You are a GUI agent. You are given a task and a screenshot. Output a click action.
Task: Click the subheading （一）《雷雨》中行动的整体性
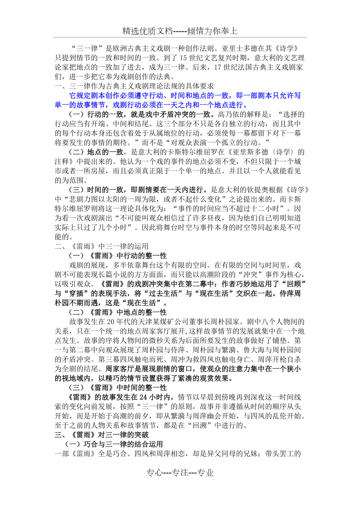[x=117, y=256]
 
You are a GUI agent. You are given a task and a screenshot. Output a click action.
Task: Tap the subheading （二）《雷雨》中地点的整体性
[x=117, y=312]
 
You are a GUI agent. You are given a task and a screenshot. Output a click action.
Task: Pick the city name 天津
[x=151, y=322]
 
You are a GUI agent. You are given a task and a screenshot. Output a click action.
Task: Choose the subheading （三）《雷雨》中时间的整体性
[x=117, y=388]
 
